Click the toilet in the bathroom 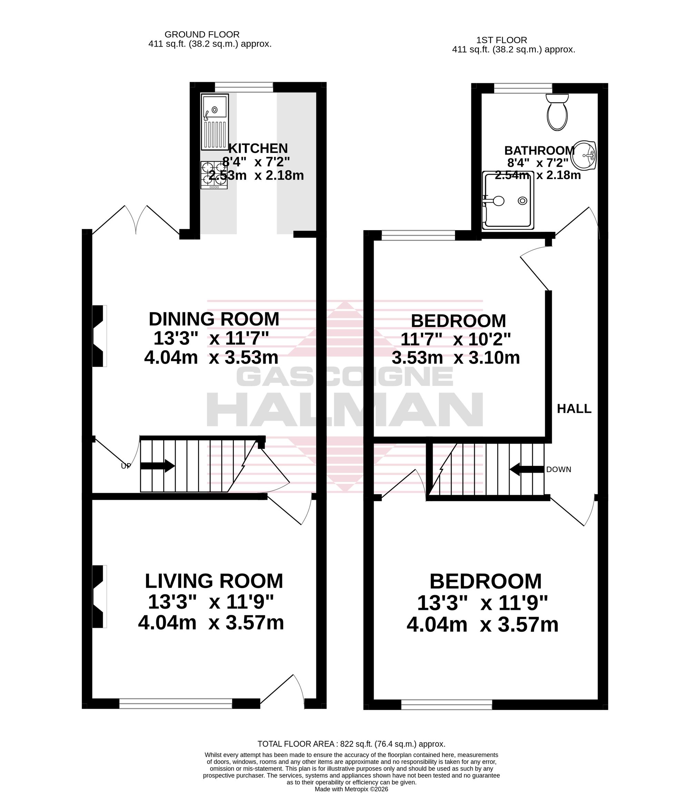point(557,111)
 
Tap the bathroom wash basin point(584,155)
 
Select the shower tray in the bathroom point(508,200)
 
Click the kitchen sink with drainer point(215,122)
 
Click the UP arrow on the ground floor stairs point(157,466)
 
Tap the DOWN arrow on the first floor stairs point(527,469)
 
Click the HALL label point(574,409)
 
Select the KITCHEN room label point(258,148)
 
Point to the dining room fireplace point(99,336)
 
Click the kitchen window point(244,87)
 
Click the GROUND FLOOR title point(202,34)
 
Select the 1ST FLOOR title point(502,40)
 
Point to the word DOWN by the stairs point(559,469)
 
